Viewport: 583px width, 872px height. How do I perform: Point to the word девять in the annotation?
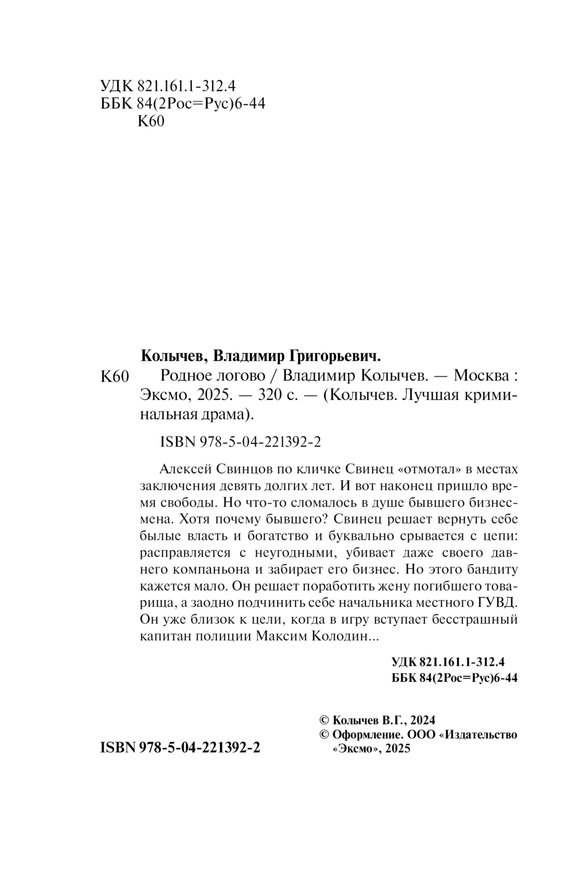click(247, 486)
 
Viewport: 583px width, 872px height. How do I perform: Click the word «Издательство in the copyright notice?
click(482, 734)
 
